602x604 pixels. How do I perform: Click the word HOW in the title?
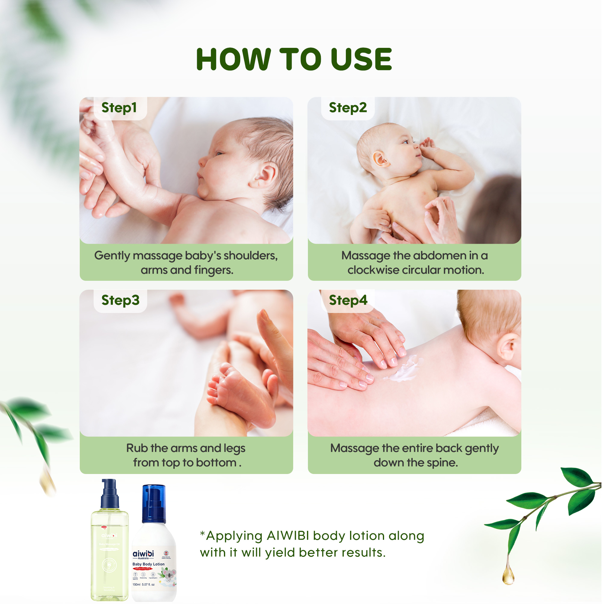[x=233, y=59]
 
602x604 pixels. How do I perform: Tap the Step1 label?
[x=119, y=108]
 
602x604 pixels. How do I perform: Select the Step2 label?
[x=348, y=108]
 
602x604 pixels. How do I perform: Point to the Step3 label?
[x=120, y=300]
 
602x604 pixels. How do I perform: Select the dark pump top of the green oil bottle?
[x=110, y=494]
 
